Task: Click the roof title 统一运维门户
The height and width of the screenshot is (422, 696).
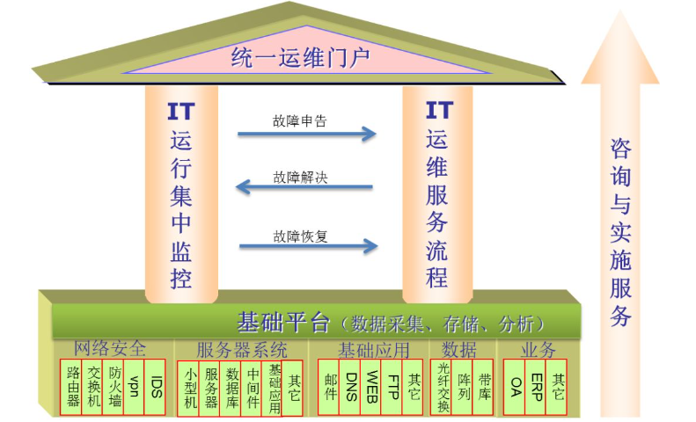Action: [x=301, y=58]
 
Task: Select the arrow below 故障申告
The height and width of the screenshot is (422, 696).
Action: [x=307, y=134]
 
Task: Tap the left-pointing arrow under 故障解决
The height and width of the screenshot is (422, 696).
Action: [x=304, y=186]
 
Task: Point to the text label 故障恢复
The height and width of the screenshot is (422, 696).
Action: [x=300, y=236]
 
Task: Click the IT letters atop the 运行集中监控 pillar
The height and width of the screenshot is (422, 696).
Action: [x=181, y=112]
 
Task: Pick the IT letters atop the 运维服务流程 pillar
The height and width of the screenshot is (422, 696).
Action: [x=439, y=110]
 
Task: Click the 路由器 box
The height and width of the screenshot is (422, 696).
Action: [x=71, y=387]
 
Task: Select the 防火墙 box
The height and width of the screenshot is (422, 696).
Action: [x=114, y=387]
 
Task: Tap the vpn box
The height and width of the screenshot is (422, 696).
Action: [x=134, y=387]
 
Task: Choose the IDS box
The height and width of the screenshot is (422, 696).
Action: [x=155, y=387]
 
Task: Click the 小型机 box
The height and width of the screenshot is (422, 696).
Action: [x=188, y=389]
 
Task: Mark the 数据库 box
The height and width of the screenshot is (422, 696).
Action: [x=231, y=389]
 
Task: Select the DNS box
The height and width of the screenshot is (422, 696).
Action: [x=350, y=387]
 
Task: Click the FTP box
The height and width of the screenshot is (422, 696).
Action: [x=392, y=387]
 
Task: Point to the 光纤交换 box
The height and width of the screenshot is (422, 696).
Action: [x=441, y=387]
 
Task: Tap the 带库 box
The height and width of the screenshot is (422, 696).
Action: [x=483, y=387]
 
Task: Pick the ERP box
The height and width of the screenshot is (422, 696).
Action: [x=535, y=387]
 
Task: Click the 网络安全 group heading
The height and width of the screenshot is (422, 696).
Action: [x=110, y=349]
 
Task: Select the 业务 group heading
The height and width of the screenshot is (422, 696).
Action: [x=538, y=350]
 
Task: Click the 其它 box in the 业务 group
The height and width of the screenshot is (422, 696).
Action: [x=556, y=387]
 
